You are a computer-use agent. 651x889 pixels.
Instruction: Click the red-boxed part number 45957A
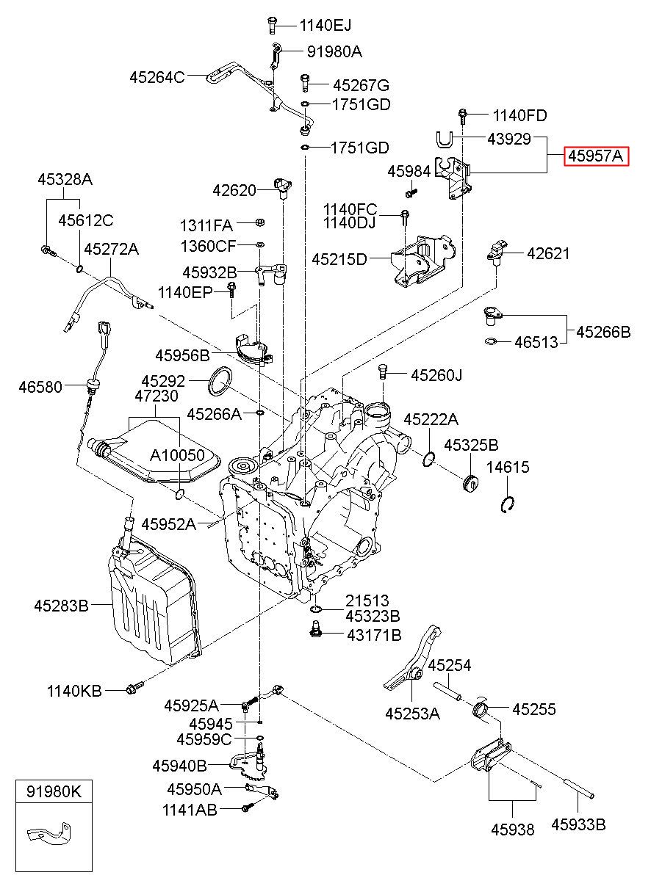click(x=595, y=156)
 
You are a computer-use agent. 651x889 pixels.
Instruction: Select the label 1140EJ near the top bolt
click(x=325, y=26)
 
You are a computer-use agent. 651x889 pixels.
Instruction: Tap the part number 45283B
click(x=61, y=606)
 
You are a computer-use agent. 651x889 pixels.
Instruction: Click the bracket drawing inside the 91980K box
click(x=48, y=835)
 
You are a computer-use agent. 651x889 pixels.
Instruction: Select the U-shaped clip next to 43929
click(x=443, y=139)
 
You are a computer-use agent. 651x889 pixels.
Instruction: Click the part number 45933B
click(x=578, y=824)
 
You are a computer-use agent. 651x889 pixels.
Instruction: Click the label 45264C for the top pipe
click(x=157, y=76)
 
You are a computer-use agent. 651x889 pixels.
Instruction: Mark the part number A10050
click(x=178, y=454)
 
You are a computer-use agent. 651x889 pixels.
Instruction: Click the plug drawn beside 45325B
click(x=470, y=484)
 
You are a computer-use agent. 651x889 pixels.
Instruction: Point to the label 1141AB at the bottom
click(x=190, y=810)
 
